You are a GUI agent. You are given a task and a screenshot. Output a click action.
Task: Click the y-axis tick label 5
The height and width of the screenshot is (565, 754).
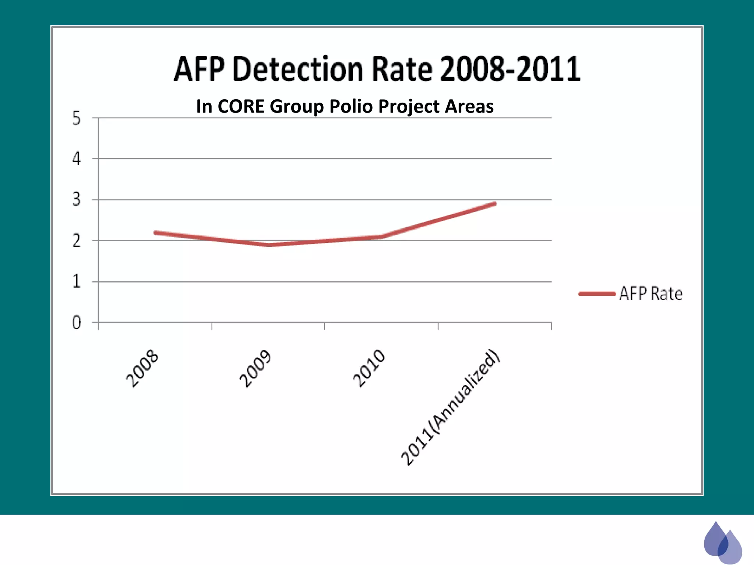tap(76, 119)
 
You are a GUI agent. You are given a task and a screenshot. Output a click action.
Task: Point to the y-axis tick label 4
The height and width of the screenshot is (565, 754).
tap(76, 159)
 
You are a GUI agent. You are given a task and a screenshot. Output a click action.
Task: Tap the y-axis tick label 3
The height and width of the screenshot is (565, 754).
tap(76, 200)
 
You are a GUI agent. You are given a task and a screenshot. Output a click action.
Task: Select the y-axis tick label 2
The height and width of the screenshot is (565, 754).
tap(76, 241)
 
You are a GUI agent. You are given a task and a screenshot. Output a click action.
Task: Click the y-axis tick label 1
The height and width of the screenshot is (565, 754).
tap(76, 282)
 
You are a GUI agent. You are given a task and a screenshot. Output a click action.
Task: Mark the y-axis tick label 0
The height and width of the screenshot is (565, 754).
tap(76, 323)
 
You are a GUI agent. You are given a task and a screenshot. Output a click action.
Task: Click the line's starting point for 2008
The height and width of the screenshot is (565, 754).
tap(156, 232)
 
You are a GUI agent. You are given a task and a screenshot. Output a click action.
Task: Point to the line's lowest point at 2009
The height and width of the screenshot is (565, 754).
tap(269, 245)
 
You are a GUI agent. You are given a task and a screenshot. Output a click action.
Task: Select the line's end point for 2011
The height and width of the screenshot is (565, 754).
tap(495, 203)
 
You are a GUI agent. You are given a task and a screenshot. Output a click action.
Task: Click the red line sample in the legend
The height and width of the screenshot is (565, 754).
tap(597, 294)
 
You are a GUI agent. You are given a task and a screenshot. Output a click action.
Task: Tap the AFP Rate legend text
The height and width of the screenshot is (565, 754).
tap(651, 294)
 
